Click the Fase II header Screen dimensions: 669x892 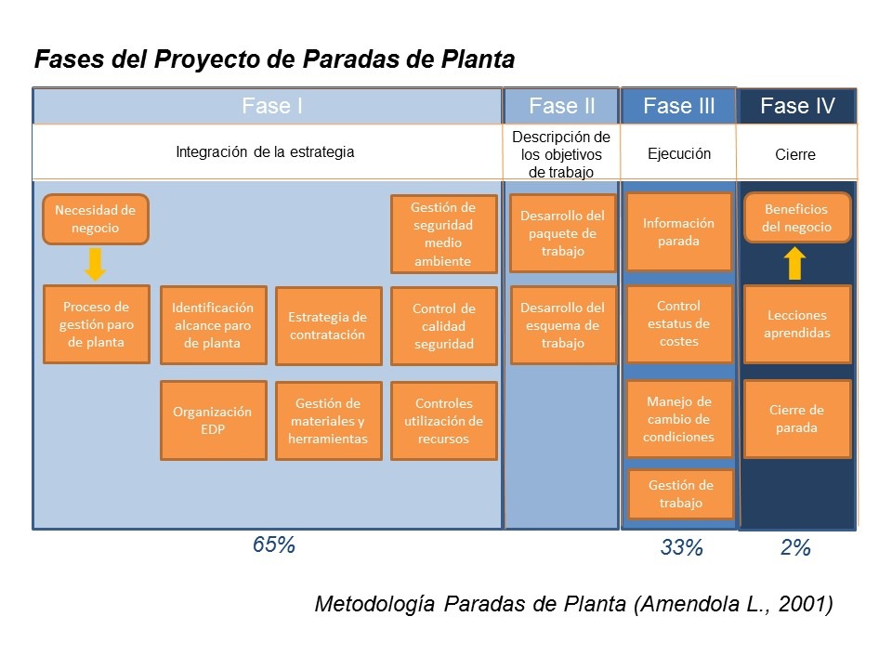click(x=561, y=106)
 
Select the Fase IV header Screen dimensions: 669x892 click(x=796, y=106)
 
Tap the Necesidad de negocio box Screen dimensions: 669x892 click(x=95, y=219)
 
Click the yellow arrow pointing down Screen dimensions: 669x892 click(x=95, y=263)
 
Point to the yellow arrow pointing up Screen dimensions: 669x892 click(x=794, y=263)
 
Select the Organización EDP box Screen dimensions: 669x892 click(x=213, y=420)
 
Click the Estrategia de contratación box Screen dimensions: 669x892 click(x=328, y=326)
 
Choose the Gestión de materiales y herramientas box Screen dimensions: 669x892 click(x=328, y=421)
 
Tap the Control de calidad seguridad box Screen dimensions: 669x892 click(x=443, y=326)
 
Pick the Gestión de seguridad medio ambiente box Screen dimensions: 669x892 click(x=443, y=234)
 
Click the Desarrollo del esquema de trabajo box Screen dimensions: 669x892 click(x=562, y=325)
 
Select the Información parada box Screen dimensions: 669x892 click(x=678, y=232)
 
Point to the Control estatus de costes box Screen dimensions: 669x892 click(x=678, y=323)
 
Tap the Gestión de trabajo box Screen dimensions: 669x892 click(x=680, y=494)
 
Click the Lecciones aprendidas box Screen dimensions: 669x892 click(x=797, y=323)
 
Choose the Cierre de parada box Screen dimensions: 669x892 click(x=797, y=419)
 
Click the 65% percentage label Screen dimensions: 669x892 click(x=274, y=545)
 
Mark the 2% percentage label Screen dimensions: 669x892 click(x=795, y=548)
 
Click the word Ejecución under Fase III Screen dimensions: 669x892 click(x=678, y=154)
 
